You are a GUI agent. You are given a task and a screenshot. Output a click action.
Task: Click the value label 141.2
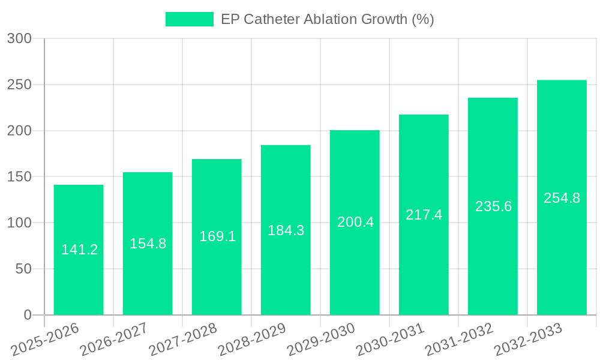point(79,250)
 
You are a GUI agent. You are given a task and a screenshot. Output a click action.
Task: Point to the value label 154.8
point(148,244)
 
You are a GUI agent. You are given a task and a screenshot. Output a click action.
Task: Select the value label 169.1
point(217,236)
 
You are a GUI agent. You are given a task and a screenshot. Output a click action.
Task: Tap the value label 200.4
point(355,222)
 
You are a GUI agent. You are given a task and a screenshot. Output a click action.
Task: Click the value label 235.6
point(493,206)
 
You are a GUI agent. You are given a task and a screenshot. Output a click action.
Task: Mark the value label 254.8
point(562,198)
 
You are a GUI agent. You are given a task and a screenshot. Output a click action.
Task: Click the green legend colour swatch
point(189,19)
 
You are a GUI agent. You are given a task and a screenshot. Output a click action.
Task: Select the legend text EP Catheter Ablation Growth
point(327,19)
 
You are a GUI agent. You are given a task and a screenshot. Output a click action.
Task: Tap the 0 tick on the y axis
point(27,315)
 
